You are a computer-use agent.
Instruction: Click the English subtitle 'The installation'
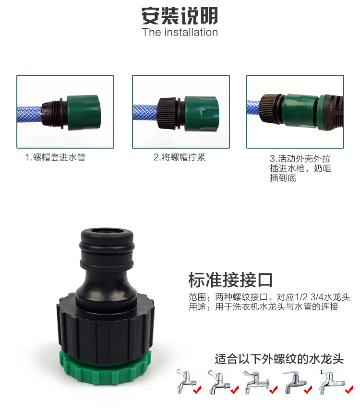[180, 32]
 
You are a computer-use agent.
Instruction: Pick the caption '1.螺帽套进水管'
[55, 157]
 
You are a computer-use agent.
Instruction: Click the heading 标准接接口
[231, 279]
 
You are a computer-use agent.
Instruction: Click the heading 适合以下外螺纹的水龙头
[279, 359]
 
